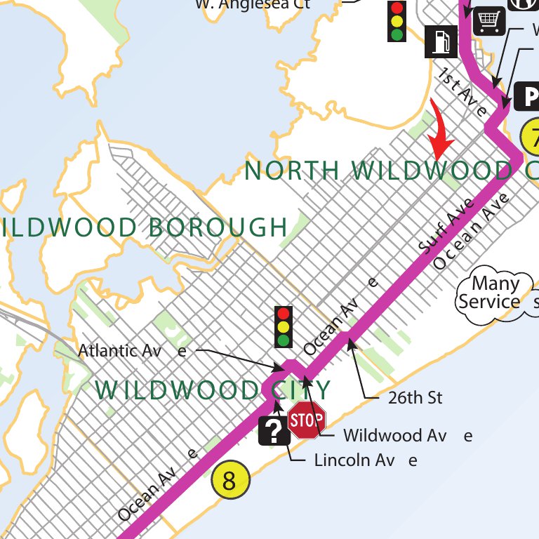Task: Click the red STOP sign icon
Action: [x=307, y=420]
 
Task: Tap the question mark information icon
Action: [x=274, y=430]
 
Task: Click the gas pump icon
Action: [x=440, y=41]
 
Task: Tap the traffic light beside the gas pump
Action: [x=397, y=20]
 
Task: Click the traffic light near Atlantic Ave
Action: [x=284, y=326]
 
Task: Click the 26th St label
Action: [x=415, y=398]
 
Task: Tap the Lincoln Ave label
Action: [x=365, y=460]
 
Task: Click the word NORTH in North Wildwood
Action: [x=293, y=171]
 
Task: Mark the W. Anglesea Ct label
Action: [x=253, y=4]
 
